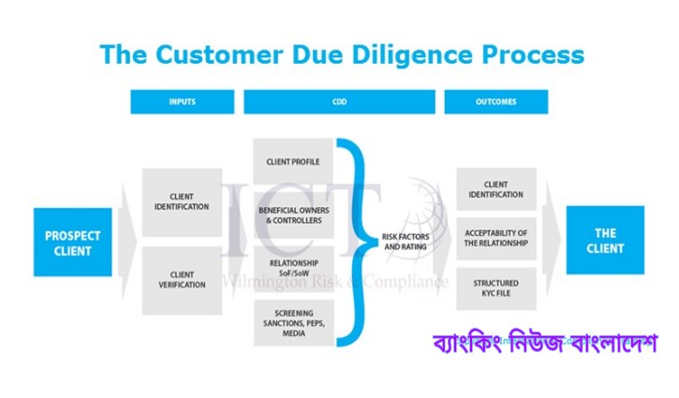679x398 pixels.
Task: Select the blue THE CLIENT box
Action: [x=605, y=240]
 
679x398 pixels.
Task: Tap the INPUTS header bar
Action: [x=182, y=101]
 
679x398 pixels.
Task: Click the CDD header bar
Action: [x=339, y=101]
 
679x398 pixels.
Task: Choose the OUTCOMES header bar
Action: [x=495, y=101]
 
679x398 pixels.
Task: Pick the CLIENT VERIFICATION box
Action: [x=182, y=280]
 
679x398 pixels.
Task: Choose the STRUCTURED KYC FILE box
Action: [x=495, y=289]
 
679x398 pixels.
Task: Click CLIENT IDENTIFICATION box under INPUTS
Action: [x=182, y=201]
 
